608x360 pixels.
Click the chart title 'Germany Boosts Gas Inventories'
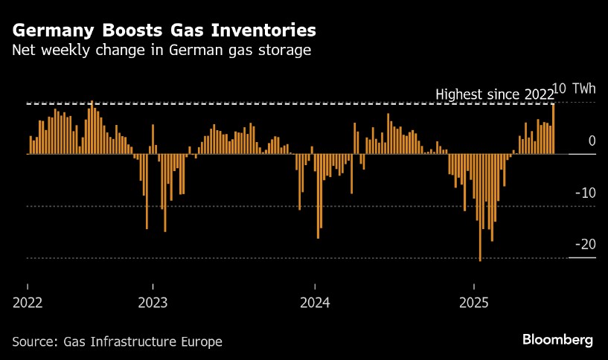point(164,30)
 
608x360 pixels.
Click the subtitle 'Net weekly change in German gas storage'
point(161,51)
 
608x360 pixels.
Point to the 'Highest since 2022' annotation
point(494,94)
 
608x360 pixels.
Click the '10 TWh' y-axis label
point(576,89)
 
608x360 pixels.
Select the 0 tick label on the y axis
point(592,141)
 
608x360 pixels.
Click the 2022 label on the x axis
point(28,303)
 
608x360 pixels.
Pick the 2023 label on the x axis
point(153,303)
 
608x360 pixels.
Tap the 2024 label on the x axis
point(315,303)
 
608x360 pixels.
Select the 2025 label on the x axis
point(474,303)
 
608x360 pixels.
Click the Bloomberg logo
point(557,340)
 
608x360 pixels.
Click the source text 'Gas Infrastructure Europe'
point(144,342)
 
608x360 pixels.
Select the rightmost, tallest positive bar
point(553,129)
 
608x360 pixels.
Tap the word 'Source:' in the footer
point(36,342)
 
